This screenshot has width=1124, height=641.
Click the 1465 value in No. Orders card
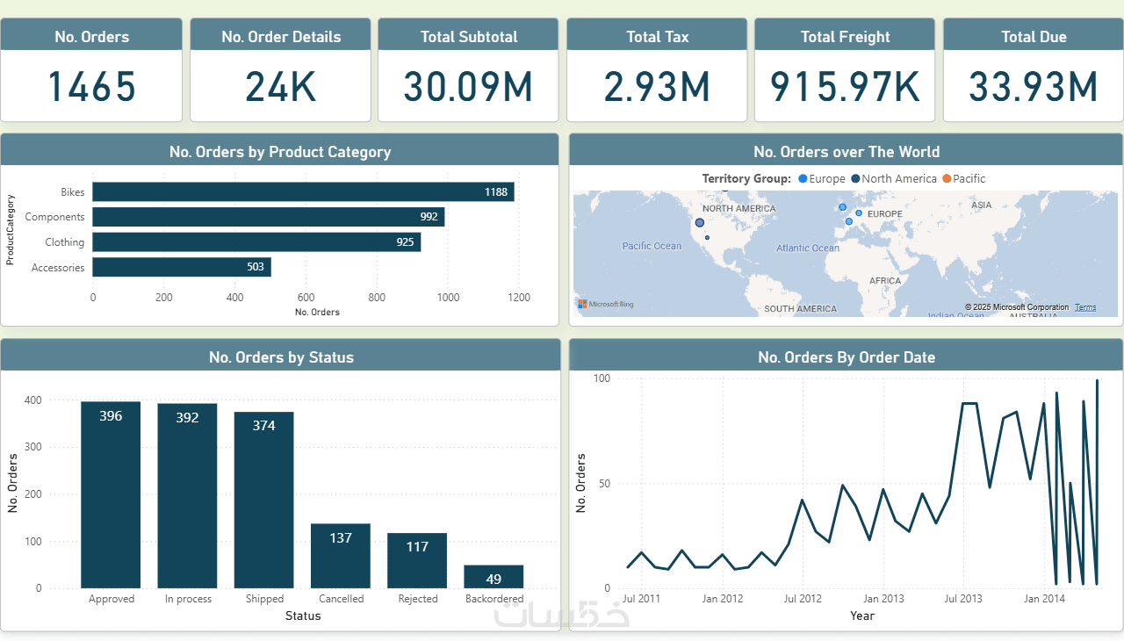coord(91,87)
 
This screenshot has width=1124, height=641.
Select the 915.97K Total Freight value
coord(845,87)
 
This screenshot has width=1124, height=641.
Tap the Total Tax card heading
coord(658,37)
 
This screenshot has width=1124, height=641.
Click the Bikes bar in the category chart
coord(303,191)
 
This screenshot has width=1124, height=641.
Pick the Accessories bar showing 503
coord(182,267)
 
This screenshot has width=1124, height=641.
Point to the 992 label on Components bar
coord(429,217)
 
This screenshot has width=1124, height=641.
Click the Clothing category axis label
coord(65,242)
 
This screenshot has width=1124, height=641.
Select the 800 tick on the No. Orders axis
coord(377,298)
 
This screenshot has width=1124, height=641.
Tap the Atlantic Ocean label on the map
coord(808,248)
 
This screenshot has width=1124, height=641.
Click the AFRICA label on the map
coord(885,281)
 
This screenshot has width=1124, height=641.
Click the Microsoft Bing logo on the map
coord(606,305)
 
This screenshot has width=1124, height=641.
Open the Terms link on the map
coord(1085,307)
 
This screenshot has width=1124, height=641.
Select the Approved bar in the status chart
coord(111,494)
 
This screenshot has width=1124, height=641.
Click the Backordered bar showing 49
coord(494,577)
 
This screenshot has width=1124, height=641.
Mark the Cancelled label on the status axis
coord(341,599)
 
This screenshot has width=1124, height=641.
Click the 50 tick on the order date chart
coord(603,484)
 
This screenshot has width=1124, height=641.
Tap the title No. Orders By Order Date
coord(847,357)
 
